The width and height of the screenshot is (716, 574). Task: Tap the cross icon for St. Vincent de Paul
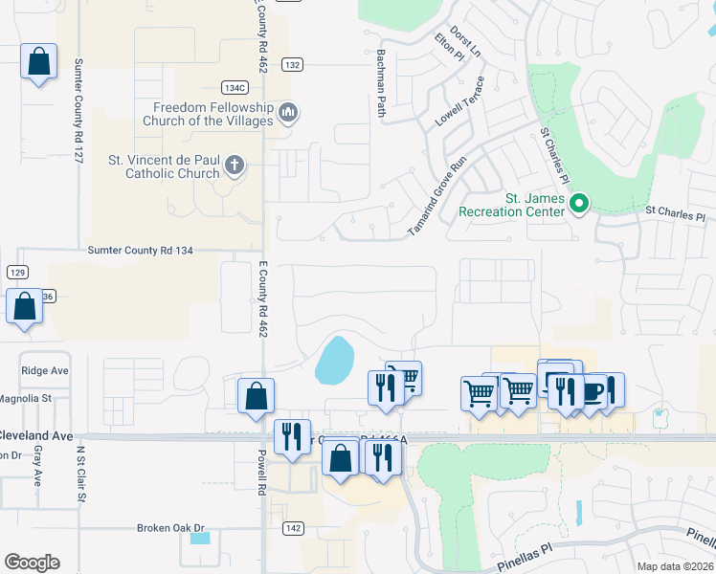(234, 167)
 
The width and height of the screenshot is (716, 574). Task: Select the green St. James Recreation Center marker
(578, 204)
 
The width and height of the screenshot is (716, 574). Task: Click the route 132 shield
(293, 64)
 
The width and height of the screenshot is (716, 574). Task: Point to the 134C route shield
(235, 87)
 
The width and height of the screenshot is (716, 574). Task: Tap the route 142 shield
(294, 527)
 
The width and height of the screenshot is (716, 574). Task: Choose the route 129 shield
(16, 273)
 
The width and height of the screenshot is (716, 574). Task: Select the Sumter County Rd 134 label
(141, 251)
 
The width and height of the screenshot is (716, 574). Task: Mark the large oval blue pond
(334, 359)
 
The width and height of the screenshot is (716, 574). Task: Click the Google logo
(32, 563)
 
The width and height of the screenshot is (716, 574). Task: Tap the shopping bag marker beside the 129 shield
(25, 308)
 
